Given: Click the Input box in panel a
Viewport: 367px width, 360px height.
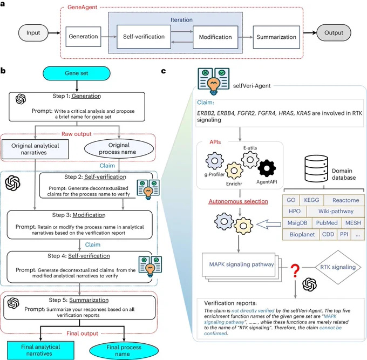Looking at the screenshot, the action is [x=33, y=33].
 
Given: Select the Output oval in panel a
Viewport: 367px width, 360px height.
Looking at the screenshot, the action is [x=334, y=33].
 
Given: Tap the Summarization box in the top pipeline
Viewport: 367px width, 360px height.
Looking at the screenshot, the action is [x=276, y=37].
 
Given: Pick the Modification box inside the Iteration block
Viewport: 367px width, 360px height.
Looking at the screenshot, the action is [x=215, y=37].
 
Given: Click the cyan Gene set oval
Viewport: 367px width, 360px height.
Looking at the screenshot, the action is [x=77, y=73].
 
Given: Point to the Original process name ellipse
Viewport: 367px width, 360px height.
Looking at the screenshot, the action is [x=119, y=148].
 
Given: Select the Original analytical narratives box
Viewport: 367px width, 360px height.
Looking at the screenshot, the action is [x=35, y=149].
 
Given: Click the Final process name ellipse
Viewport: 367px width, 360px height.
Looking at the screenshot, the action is [x=124, y=350].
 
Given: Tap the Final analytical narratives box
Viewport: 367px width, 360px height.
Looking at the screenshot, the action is [x=40, y=350].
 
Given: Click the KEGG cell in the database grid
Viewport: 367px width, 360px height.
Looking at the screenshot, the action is [x=311, y=200].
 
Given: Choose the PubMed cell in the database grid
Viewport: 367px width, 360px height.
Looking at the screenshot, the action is [x=327, y=223].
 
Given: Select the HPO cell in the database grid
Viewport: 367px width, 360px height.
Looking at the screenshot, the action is [x=295, y=212].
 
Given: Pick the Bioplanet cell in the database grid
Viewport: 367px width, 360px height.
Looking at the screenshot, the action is [x=302, y=234].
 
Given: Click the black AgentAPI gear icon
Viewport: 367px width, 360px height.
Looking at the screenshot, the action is [x=267, y=168].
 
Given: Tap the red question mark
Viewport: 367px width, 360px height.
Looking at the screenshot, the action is [x=295, y=270].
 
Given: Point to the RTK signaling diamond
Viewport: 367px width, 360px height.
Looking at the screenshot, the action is [x=338, y=267].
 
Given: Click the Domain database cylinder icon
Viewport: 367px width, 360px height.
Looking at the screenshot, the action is [x=316, y=168].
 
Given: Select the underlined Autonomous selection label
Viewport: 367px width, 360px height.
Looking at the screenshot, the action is [x=238, y=201].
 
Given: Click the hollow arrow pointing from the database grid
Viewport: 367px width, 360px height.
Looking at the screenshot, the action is [x=269, y=224].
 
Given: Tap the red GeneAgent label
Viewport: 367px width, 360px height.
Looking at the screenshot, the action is [x=82, y=7].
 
